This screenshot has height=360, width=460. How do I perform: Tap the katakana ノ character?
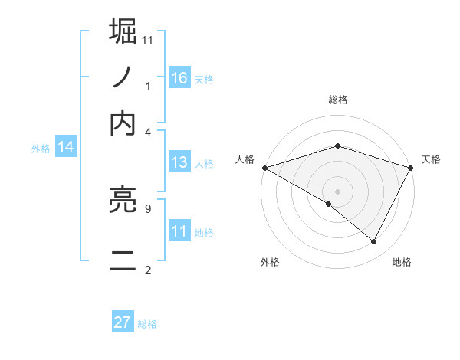click(x=123, y=77)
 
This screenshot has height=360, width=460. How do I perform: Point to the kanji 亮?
click(x=123, y=202)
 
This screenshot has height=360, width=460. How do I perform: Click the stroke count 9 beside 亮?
click(x=147, y=208)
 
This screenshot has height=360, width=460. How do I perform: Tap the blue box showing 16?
click(x=179, y=77)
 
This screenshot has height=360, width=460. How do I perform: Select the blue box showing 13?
click(x=179, y=162)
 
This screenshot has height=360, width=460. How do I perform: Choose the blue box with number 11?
click(x=179, y=231)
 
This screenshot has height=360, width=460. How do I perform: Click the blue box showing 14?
click(x=66, y=148)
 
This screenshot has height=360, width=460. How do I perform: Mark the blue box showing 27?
click(x=122, y=322)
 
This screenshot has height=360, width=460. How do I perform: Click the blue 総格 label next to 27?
click(x=147, y=324)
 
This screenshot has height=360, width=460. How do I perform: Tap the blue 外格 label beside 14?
click(x=41, y=149)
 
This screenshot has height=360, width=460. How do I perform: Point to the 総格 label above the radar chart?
click(x=337, y=100)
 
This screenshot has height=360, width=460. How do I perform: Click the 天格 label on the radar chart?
click(x=431, y=159)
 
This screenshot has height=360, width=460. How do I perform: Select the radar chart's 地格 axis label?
click(x=402, y=262)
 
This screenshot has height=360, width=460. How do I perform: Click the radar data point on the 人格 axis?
click(x=264, y=167)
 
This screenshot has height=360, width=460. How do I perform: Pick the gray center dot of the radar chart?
click(x=337, y=191)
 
